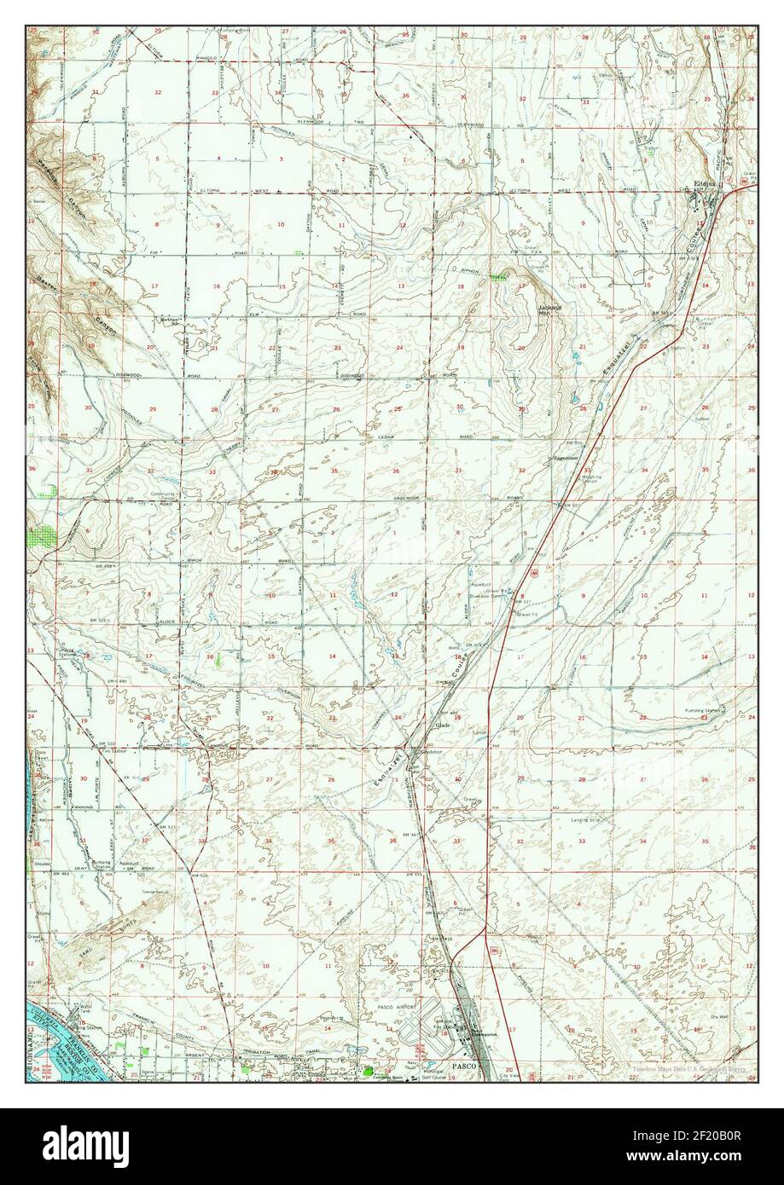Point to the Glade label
pyautogui.click(x=442, y=725)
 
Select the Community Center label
pyautogui.click(x=164, y=497)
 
